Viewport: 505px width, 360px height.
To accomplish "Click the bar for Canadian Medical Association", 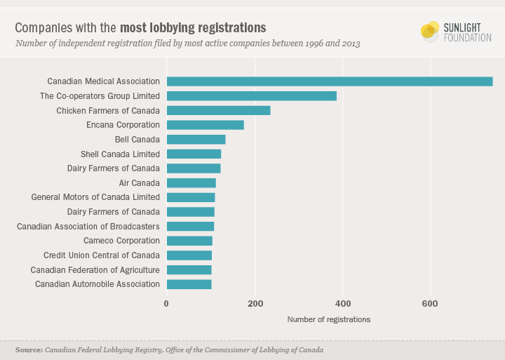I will (x=330, y=81).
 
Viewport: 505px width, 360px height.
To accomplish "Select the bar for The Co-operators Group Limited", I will (x=252, y=95).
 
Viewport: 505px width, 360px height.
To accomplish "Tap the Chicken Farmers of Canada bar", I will (x=218, y=110).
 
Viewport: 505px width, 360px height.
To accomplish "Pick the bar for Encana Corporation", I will (x=205, y=125).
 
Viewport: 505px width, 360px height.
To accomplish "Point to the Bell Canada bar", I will (x=196, y=140).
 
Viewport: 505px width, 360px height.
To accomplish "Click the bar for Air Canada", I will (x=191, y=183).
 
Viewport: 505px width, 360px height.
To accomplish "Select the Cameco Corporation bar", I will (x=189, y=241).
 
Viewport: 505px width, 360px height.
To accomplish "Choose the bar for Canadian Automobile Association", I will (x=189, y=284).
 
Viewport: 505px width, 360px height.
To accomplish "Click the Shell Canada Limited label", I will (x=121, y=154).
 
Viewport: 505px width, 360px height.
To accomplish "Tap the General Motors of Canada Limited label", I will (x=95, y=197).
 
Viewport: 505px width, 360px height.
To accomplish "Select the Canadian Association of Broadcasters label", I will (x=88, y=227).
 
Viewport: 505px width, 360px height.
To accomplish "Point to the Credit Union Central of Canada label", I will (x=102, y=255).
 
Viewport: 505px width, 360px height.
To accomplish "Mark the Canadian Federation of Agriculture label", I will (x=95, y=270).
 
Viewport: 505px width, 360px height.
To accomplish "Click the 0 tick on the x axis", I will (x=166, y=304).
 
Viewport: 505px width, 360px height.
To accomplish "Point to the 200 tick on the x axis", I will (x=255, y=304).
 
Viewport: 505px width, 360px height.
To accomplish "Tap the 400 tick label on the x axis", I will (x=342, y=304).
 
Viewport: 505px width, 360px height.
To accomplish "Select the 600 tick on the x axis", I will (x=430, y=304).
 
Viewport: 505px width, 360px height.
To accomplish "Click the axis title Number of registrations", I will (x=329, y=319).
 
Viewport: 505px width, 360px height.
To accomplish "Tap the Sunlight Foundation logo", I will (x=456, y=32).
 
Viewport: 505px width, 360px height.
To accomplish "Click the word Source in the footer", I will (x=29, y=349).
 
